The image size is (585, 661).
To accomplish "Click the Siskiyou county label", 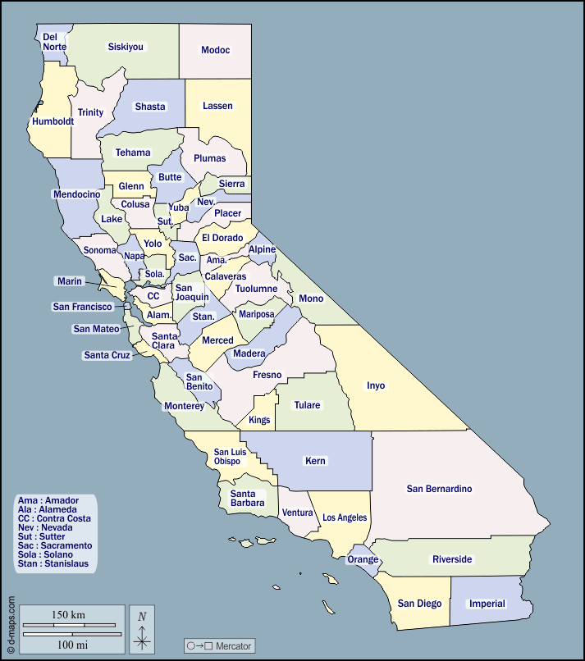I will click(x=126, y=47).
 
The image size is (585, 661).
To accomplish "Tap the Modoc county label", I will click(x=216, y=50).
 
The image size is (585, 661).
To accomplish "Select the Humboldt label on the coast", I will click(x=53, y=121).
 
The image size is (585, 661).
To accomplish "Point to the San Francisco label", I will click(x=82, y=307).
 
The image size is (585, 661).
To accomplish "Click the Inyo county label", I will click(x=376, y=385).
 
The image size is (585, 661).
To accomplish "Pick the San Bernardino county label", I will click(x=440, y=489).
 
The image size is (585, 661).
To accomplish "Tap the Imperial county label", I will click(x=487, y=604).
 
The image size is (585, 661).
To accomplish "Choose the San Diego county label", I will click(x=419, y=604).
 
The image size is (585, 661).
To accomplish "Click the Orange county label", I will click(x=363, y=559).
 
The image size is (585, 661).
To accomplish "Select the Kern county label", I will click(x=315, y=461).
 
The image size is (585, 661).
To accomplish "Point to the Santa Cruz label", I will click(x=107, y=355).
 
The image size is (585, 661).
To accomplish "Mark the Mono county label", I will click(x=311, y=299).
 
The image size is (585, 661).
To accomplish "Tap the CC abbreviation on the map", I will click(x=153, y=296).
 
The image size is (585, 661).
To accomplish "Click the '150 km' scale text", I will click(x=68, y=615).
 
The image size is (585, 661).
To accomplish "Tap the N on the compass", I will click(x=142, y=617).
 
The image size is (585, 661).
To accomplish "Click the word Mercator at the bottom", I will click(x=233, y=646).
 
